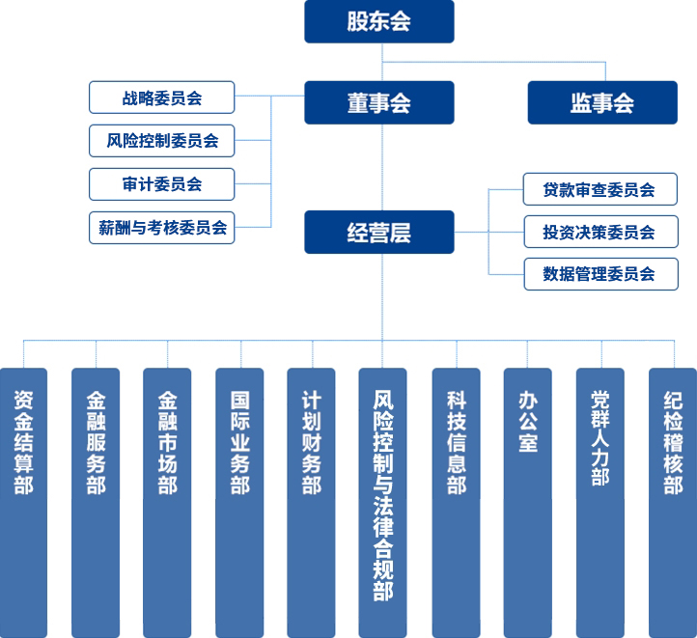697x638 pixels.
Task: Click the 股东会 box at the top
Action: tap(379, 21)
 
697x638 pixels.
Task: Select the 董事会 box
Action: tap(379, 102)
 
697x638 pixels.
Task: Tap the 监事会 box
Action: tap(602, 102)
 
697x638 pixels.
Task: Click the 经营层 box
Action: tap(379, 232)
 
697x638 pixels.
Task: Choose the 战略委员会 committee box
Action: tap(161, 97)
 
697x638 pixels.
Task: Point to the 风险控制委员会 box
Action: tap(161, 140)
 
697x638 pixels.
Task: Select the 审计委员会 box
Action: tap(161, 183)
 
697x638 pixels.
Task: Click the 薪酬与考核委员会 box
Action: tap(161, 228)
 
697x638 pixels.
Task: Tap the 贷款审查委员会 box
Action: tap(599, 190)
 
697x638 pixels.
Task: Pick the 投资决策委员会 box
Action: tap(599, 232)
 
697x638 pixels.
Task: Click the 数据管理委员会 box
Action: tap(599, 274)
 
